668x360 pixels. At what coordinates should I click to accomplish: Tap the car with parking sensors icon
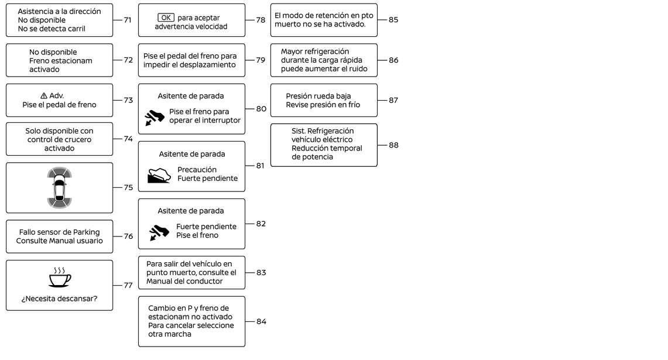pos(59,188)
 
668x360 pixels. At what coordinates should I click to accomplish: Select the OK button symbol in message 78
pos(166,18)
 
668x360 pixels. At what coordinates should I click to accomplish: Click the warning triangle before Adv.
pos(44,96)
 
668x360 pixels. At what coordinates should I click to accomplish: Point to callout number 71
pos(128,20)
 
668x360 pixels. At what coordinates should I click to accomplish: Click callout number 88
pos(393,145)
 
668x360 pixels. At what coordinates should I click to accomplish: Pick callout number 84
pos(261,321)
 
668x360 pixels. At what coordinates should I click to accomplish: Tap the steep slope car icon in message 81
pos(159,175)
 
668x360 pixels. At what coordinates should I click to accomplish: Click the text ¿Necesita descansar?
pos(59,299)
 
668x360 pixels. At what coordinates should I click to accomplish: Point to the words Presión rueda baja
pos(318,96)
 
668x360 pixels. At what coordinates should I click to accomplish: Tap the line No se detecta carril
pos(52,29)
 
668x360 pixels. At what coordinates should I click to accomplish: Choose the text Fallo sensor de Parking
pos(59,232)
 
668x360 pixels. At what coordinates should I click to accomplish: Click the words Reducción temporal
pos(327,148)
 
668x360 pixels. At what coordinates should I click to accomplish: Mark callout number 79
pos(261,60)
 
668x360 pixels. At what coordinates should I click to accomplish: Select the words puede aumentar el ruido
pos(323,68)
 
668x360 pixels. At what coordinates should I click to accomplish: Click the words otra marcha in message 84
pos(170,334)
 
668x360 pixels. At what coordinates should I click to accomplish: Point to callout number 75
pos(128,188)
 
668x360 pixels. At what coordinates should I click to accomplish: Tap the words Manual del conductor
pos(184,281)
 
